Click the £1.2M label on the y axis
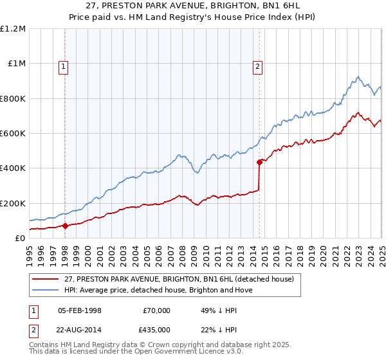click(13, 29)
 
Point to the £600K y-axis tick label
click(12, 134)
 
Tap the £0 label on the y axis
click(20, 239)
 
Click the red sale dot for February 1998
click(66, 226)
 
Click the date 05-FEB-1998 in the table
click(80, 310)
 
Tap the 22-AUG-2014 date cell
click(80, 328)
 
